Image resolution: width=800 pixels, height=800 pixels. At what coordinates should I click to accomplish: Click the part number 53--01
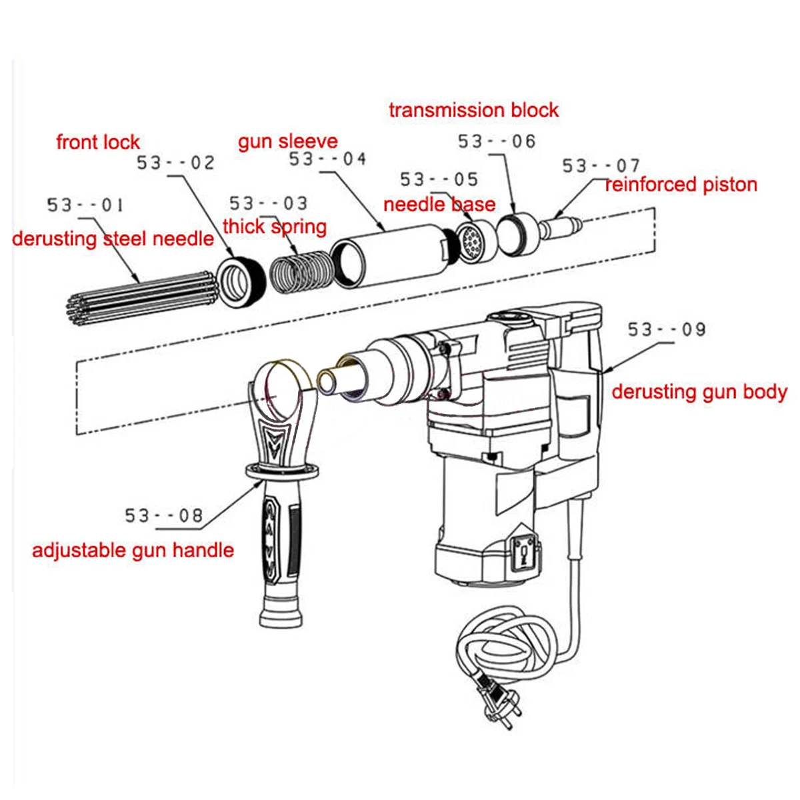pos(85,205)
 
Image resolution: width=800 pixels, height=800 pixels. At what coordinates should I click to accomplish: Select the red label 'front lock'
pos(98,142)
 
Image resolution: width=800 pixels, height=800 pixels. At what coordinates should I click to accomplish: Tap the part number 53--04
pos(327,159)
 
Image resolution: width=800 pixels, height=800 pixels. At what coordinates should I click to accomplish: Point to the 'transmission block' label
pos(473,110)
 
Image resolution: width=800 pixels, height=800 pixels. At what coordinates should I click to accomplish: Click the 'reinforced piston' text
pos(681,185)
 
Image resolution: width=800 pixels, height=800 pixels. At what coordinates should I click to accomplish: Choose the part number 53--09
pos(666,329)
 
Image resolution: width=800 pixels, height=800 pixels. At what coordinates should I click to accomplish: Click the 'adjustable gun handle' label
pos(133,551)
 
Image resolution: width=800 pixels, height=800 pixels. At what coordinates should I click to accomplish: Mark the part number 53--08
pos(163,515)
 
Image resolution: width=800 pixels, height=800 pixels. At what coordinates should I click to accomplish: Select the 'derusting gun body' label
pos(699,392)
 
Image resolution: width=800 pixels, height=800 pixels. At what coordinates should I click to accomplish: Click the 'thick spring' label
pos(275,227)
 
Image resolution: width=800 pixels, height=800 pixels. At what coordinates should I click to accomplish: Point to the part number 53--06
pos(497,141)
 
